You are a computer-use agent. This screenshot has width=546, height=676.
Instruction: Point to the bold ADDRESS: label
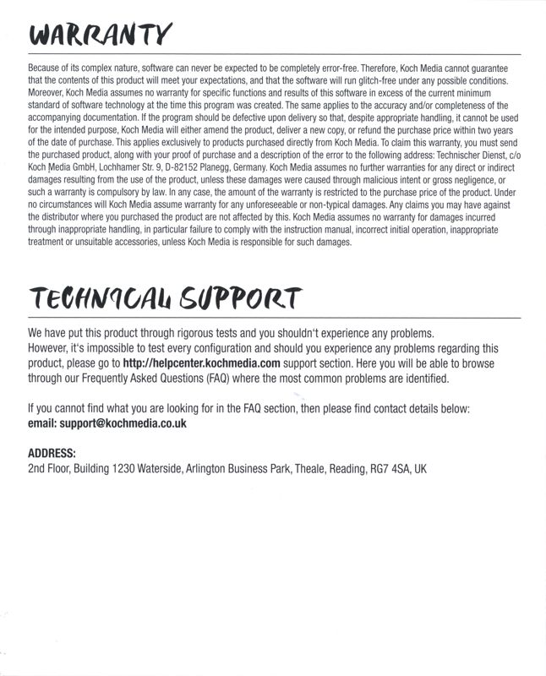click(x=52, y=452)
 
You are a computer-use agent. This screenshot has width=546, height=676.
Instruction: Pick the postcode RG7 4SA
click(x=387, y=468)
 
